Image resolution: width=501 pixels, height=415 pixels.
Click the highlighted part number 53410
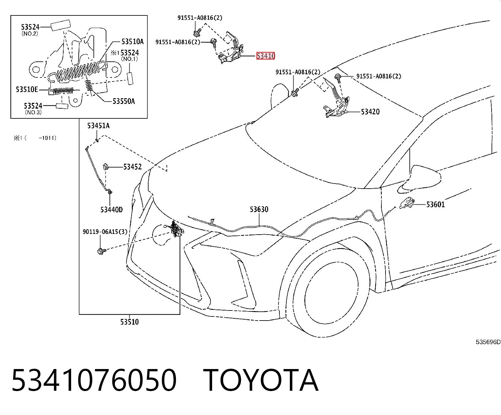[x=266, y=56]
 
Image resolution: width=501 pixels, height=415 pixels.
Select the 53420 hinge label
[x=370, y=112]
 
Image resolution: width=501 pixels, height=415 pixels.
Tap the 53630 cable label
[x=259, y=209]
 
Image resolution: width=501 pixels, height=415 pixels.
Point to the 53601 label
[x=436, y=204]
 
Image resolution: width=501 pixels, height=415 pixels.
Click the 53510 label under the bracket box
[x=130, y=322]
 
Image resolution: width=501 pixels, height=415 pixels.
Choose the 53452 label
[x=132, y=167]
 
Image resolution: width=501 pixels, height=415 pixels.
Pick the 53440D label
[x=111, y=210]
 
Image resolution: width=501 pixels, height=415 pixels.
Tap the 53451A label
[x=99, y=126]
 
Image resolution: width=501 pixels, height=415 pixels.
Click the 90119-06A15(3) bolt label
[x=105, y=232]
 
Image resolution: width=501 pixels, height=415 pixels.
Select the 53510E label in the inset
[x=27, y=89]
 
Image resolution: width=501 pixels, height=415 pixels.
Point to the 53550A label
[x=124, y=101]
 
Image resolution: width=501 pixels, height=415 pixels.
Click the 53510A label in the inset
[x=132, y=42]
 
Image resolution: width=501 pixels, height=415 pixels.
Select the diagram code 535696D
[x=488, y=342]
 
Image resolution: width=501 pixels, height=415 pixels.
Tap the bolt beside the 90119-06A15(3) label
[x=102, y=251]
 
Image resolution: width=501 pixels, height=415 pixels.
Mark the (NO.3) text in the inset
[x=33, y=112]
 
